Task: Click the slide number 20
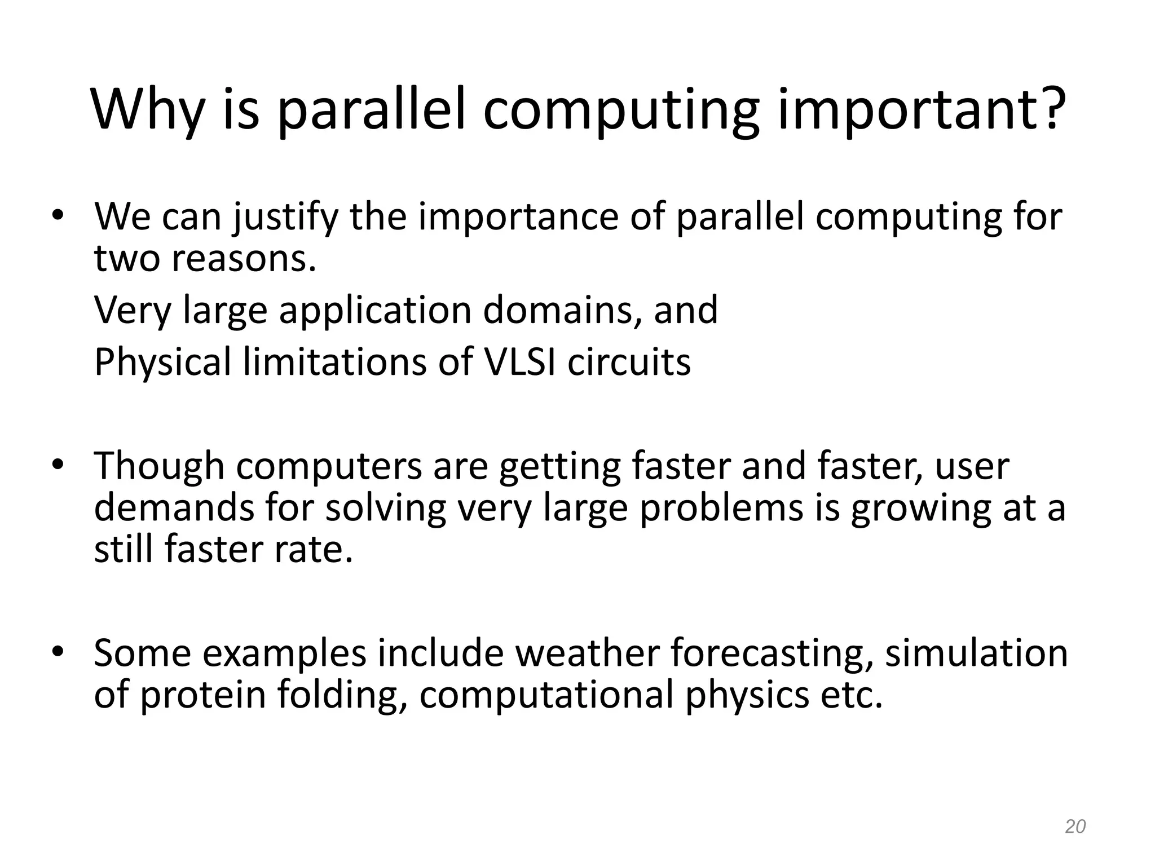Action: pos(1075,827)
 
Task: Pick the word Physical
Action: pos(162,363)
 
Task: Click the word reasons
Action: pos(243,259)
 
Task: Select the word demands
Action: pos(174,507)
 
